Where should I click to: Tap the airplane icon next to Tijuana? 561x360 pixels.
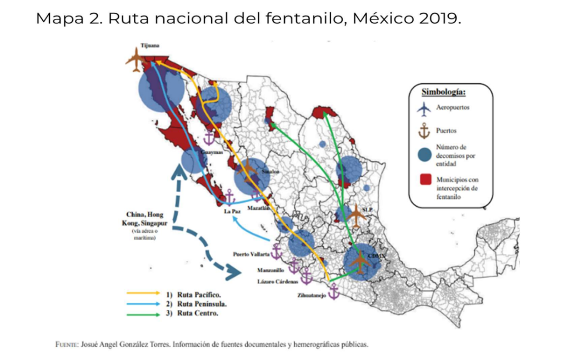pyautogui.click(x=135, y=59)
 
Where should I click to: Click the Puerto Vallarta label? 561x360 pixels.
pyautogui.click(x=251, y=254)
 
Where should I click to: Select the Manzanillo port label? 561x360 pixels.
pyautogui.click(x=271, y=270)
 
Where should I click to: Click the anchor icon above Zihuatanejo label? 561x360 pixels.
pyautogui.click(x=334, y=291)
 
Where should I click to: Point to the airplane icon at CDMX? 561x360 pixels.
pyautogui.click(x=360, y=262)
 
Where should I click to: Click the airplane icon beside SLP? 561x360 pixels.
pyautogui.click(x=356, y=214)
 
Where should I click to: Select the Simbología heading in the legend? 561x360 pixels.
pyautogui.click(x=443, y=92)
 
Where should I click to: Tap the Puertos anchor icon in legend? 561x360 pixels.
pyautogui.click(x=424, y=131)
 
